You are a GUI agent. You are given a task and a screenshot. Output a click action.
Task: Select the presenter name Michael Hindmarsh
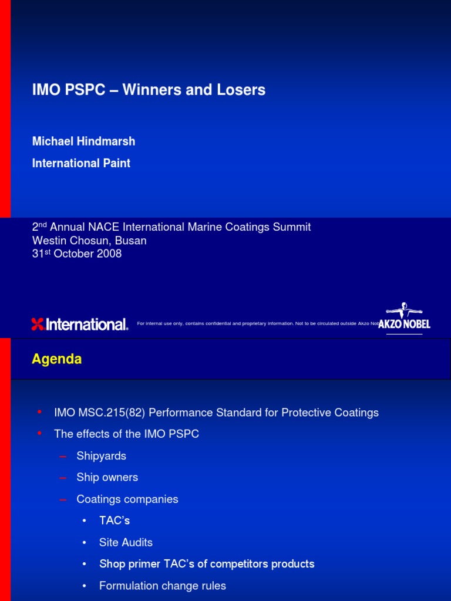(x=83, y=141)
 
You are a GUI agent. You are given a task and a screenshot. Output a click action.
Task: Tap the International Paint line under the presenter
(x=81, y=163)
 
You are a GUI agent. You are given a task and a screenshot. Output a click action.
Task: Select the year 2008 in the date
(x=109, y=254)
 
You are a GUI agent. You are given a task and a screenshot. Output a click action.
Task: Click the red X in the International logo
(x=38, y=324)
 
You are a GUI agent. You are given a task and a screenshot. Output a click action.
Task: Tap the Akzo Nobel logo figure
(x=404, y=312)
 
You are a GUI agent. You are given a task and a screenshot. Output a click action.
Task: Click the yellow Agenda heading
(x=56, y=359)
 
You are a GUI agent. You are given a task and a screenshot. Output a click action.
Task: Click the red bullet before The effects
(x=39, y=433)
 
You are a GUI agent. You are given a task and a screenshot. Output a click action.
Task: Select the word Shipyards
(x=101, y=456)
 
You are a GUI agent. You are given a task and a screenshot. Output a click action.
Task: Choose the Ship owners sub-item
(x=107, y=478)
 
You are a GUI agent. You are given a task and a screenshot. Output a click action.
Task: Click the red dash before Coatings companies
(x=63, y=499)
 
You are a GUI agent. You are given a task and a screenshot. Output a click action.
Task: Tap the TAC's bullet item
(x=114, y=521)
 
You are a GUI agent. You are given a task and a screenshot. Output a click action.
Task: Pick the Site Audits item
(x=126, y=542)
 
